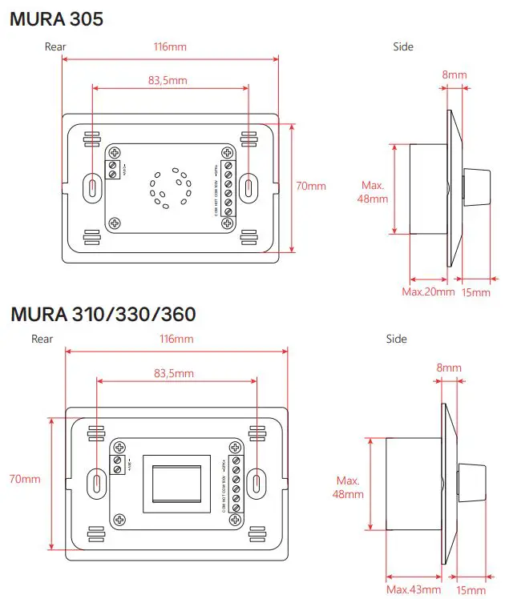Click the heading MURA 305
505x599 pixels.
(56, 19)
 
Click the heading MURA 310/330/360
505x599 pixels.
(103, 314)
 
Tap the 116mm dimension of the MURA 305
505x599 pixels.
(170, 47)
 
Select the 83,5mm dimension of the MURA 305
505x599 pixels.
(168, 80)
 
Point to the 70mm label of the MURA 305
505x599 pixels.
(311, 186)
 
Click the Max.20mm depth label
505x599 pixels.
(428, 291)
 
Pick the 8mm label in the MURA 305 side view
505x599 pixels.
(454, 75)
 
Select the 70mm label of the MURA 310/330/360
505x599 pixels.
(24, 479)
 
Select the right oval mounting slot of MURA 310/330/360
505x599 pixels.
(257, 482)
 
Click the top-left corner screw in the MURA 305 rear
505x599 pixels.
(115, 153)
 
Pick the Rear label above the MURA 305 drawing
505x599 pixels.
(55, 47)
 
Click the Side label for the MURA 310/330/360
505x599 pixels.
(396, 340)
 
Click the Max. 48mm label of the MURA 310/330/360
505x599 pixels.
(349, 487)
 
